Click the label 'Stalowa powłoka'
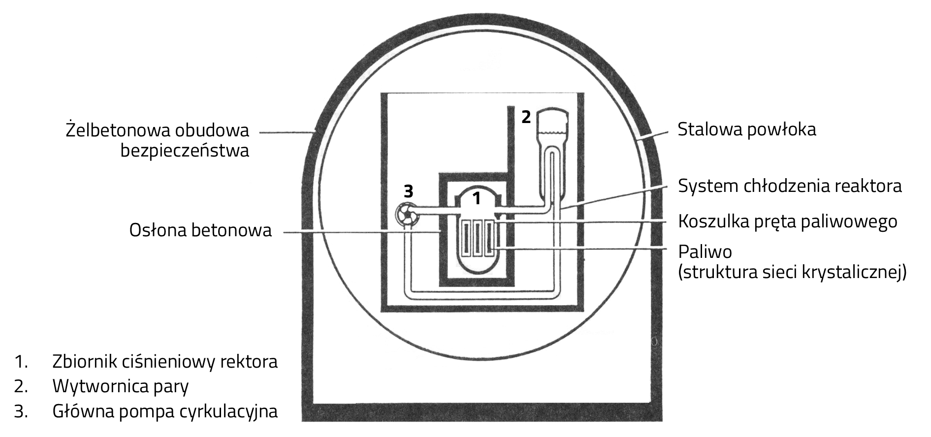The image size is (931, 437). tap(746, 129)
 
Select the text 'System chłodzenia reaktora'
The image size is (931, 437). tap(790, 186)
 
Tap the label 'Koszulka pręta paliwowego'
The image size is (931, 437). tap(787, 221)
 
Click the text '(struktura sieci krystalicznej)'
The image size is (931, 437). tap(792, 272)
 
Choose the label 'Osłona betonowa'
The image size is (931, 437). tap(200, 230)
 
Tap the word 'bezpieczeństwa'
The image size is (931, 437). tap(185, 151)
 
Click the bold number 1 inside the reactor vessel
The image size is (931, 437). tap(476, 198)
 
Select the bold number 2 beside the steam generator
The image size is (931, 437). tap(526, 117)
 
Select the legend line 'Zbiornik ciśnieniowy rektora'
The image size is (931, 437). tap(165, 362)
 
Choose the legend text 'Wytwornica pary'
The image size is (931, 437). tap(121, 386)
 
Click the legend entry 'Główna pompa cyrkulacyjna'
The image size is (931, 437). tap(165, 411)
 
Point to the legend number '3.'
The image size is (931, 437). tap(21, 411)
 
